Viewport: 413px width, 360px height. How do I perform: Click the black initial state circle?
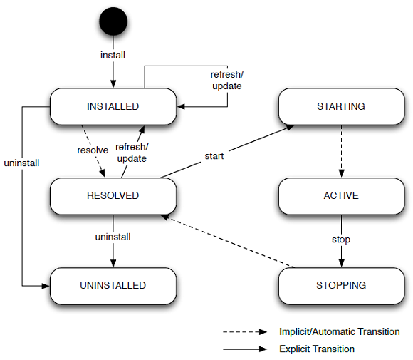(x=113, y=21)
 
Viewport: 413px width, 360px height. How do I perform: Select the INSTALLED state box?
(x=113, y=106)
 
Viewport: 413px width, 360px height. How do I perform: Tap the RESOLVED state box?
(x=113, y=196)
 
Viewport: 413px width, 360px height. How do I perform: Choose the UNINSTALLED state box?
(x=113, y=286)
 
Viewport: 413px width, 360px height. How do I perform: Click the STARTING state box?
(x=341, y=106)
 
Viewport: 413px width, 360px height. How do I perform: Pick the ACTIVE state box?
(x=341, y=196)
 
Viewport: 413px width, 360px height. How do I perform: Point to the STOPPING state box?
(x=341, y=286)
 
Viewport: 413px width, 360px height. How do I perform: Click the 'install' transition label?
(x=113, y=56)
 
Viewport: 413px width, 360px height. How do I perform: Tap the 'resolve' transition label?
(x=93, y=150)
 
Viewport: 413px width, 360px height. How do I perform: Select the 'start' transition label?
(x=214, y=156)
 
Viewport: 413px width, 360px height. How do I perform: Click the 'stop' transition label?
(x=341, y=240)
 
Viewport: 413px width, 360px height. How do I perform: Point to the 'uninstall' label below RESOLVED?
(x=113, y=237)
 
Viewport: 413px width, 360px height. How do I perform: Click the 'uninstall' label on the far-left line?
(x=21, y=163)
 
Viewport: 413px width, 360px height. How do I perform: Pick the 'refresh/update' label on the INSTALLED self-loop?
(x=226, y=81)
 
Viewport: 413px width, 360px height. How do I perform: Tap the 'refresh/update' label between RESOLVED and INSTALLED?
(x=132, y=153)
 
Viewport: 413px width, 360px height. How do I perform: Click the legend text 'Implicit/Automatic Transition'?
(x=340, y=331)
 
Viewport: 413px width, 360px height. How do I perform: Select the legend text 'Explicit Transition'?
(x=317, y=349)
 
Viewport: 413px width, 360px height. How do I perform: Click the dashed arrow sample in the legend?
(x=245, y=332)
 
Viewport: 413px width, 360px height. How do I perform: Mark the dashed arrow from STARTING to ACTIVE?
(x=341, y=151)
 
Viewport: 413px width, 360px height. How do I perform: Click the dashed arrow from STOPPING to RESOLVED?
(x=228, y=241)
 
